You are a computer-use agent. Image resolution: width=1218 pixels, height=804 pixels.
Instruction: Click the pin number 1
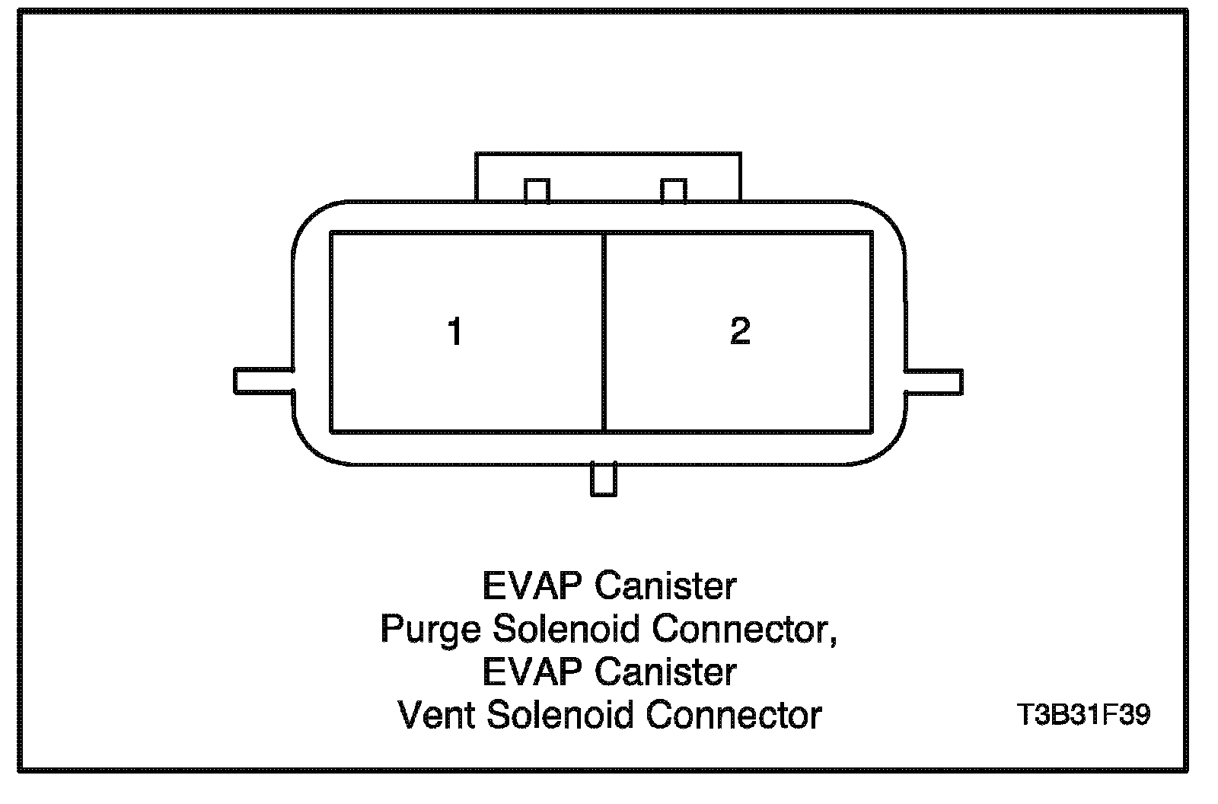click(455, 333)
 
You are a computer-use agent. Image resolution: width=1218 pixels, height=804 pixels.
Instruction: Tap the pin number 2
click(740, 331)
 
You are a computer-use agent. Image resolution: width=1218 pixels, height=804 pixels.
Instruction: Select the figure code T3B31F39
click(1083, 716)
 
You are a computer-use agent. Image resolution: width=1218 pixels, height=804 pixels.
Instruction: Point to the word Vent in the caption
click(435, 716)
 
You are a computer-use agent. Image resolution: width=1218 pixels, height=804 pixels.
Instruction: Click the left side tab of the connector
click(263, 381)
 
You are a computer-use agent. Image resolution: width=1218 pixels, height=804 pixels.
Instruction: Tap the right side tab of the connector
click(934, 381)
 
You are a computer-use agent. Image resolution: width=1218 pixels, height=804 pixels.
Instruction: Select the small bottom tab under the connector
click(604, 480)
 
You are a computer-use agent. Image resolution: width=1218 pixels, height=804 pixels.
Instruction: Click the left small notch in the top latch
click(537, 190)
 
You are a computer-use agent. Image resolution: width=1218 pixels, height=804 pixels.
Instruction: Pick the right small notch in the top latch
click(674, 190)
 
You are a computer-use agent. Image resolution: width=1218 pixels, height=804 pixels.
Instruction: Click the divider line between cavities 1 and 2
click(604, 333)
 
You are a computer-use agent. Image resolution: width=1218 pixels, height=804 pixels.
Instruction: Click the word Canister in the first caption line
click(665, 586)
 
